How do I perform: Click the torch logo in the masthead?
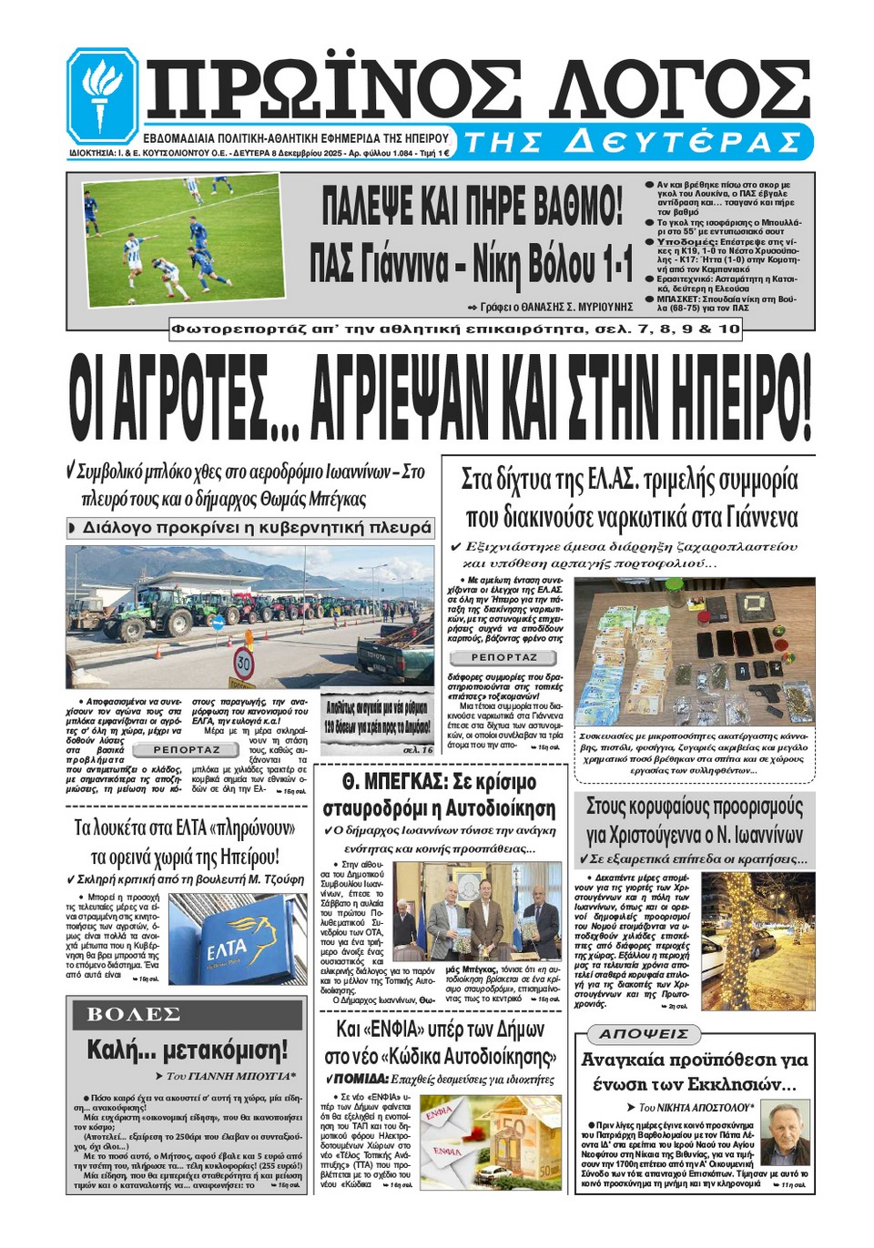tap(102, 95)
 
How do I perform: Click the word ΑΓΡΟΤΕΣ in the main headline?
tap(168, 400)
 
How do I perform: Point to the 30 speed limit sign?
tap(243, 663)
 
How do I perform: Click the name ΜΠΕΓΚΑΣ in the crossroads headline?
tap(420, 782)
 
